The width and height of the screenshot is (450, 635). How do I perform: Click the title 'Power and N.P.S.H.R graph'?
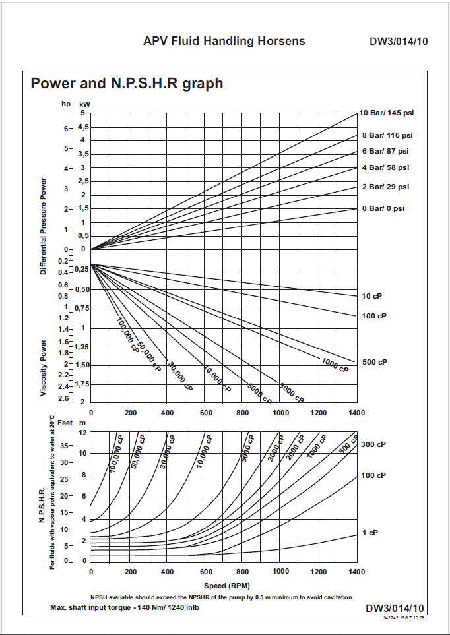127,84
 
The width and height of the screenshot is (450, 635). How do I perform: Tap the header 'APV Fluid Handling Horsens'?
224,41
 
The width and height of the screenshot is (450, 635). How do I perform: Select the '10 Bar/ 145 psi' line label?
387,113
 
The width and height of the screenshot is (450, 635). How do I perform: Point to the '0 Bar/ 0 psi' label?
383,208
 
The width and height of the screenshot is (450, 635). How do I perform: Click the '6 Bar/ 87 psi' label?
385,151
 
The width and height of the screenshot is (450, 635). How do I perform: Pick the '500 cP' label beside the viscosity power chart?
374,363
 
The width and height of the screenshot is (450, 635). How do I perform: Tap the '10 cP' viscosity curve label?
373,296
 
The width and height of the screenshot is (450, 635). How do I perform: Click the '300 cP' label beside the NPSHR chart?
373,444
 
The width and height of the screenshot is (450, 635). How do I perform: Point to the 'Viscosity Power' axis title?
44,368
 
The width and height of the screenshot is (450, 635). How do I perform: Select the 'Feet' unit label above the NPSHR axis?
65,421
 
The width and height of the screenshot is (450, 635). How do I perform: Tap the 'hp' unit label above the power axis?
65,104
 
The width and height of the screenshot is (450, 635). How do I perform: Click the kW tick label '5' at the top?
83,114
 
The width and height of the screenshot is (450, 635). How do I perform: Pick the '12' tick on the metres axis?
82,433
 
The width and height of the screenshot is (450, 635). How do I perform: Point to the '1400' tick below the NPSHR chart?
357,572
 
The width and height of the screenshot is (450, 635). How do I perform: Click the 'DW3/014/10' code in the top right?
399,42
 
